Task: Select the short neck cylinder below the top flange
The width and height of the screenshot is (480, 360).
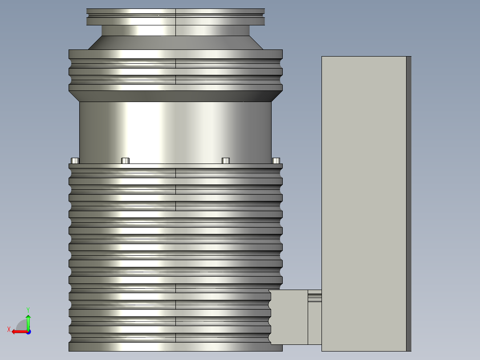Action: [175, 30]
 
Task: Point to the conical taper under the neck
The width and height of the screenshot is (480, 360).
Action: [175, 43]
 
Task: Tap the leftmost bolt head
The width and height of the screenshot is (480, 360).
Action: [75, 160]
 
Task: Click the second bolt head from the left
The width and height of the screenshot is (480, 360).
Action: [126, 160]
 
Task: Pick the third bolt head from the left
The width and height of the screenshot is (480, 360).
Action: [226, 160]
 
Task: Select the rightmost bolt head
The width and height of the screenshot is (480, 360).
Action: [276, 160]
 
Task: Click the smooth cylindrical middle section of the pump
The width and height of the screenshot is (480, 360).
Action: [175, 131]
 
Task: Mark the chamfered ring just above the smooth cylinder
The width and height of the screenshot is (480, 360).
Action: [175, 96]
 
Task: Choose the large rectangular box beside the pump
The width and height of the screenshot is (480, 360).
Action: [364, 178]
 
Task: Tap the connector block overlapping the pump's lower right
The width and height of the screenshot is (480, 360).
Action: [289, 317]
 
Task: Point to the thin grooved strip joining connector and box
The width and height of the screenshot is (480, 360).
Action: [314, 296]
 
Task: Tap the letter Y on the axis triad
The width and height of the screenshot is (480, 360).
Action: [28, 309]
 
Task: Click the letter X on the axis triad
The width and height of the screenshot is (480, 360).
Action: [9, 329]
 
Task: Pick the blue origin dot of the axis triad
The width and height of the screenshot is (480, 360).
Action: [28, 331]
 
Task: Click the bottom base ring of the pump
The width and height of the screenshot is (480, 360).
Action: [175, 347]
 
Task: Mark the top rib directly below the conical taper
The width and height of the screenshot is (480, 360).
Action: [175, 54]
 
